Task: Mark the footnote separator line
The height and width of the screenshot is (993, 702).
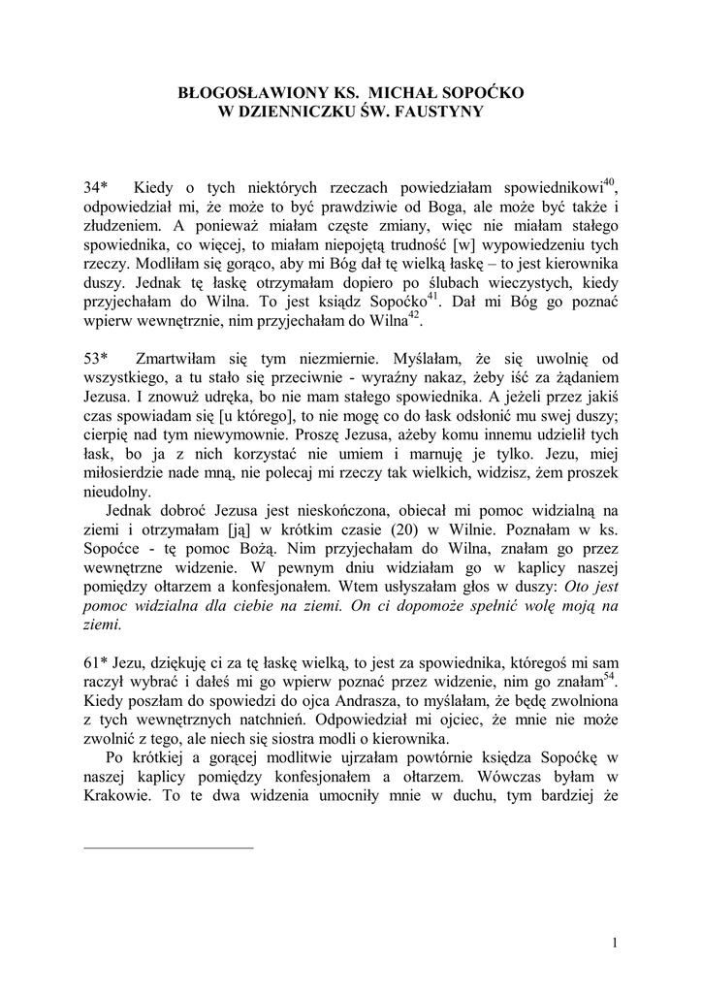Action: (x=169, y=848)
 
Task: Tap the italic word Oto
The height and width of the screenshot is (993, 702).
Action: (x=563, y=587)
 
